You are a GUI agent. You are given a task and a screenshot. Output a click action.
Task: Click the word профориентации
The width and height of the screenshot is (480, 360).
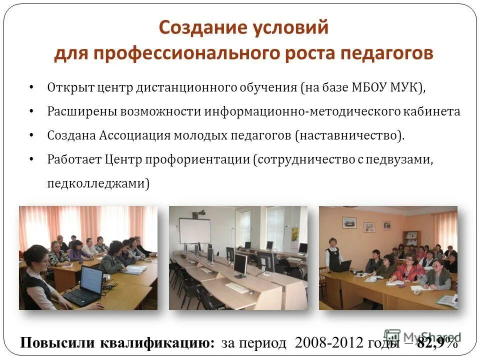coord(197,159)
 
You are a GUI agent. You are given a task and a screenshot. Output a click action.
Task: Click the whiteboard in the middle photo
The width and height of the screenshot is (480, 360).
coord(195,230)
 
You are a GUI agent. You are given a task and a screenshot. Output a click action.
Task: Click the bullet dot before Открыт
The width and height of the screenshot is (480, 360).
coord(31,87)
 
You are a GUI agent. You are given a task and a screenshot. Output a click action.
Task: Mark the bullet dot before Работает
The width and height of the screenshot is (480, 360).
coord(31,159)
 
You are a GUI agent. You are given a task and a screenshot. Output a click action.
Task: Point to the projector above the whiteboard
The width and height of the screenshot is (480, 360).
coord(199,214)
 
